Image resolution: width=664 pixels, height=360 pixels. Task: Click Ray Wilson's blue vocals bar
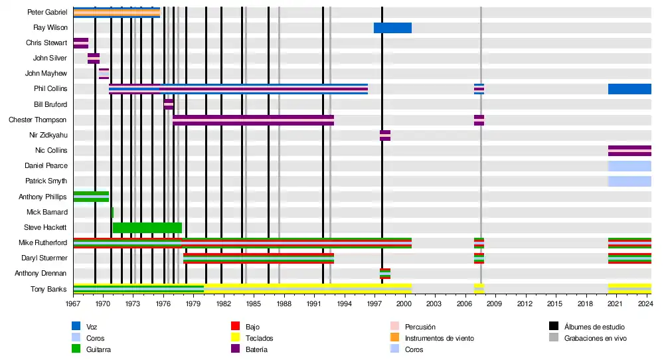point(392,28)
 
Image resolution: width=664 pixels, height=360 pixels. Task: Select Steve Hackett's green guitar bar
point(147,228)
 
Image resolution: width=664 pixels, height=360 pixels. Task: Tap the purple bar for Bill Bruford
point(169,104)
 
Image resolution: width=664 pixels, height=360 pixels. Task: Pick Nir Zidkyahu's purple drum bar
point(385,135)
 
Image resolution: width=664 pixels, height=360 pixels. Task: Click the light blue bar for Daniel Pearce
point(629,166)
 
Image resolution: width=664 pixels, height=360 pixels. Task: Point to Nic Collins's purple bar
point(629,151)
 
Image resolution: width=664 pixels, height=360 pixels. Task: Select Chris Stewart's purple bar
point(80,43)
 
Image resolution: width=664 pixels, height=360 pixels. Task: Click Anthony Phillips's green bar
point(91,197)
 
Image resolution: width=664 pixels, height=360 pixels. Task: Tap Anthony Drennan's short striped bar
point(385,274)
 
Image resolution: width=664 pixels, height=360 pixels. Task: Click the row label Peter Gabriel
point(47,13)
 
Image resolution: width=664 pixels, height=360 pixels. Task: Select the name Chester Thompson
point(38,120)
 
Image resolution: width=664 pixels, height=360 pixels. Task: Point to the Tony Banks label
point(49,290)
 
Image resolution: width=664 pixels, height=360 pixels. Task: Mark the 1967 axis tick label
point(73,304)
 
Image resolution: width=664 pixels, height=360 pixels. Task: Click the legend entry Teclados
point(259,338)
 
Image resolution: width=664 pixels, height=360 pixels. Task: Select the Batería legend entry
point(256,349)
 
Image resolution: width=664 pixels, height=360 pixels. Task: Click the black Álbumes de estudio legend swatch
point(553,327)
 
